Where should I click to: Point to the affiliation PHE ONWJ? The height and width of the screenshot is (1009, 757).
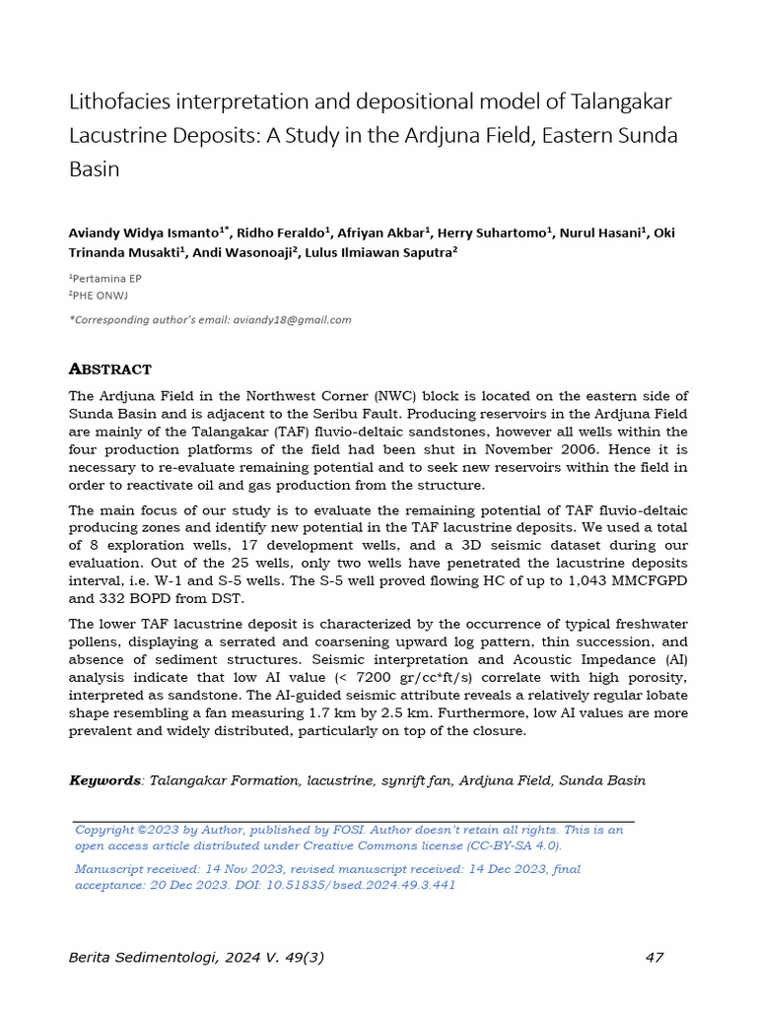[x=102, y=295]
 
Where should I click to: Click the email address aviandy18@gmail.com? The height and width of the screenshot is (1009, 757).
[x=291, y=319]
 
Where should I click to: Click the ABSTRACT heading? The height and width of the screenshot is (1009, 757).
[x=109, y=370]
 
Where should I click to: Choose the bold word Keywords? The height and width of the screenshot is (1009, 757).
[x=104, y=780]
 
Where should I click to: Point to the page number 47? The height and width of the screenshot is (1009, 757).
[x=655, y=957]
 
